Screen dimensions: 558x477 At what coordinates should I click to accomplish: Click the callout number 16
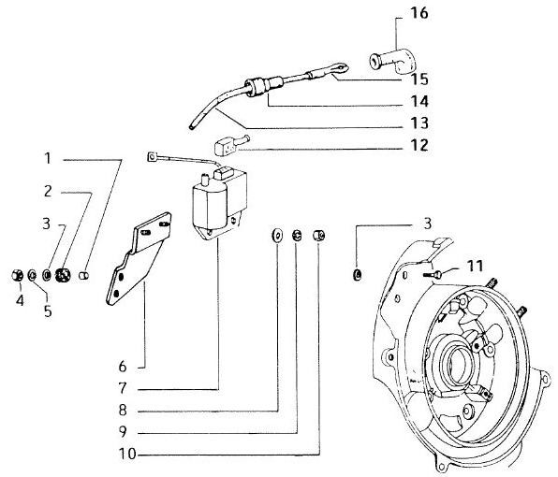pyautogui.click(x=419, y=13)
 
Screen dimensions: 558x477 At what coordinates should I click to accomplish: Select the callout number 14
pyautogui.click(x=419, y=101)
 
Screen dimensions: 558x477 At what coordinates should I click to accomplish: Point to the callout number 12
pyautogui.click(x=419, y=145)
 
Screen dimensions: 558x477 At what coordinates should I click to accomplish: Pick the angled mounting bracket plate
pyautogui.click(x=138, y=259)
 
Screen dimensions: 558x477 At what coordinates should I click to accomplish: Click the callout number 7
pyautogui.click(x=123, y=388)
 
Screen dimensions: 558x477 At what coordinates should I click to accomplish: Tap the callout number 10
pyautogui.click(x=127, y=454)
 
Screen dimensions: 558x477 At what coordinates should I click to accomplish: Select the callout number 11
pyautogui.click(x=475, y=266)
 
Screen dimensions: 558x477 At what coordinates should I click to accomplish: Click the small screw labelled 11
pyautogui.click(x=433, y=274)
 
